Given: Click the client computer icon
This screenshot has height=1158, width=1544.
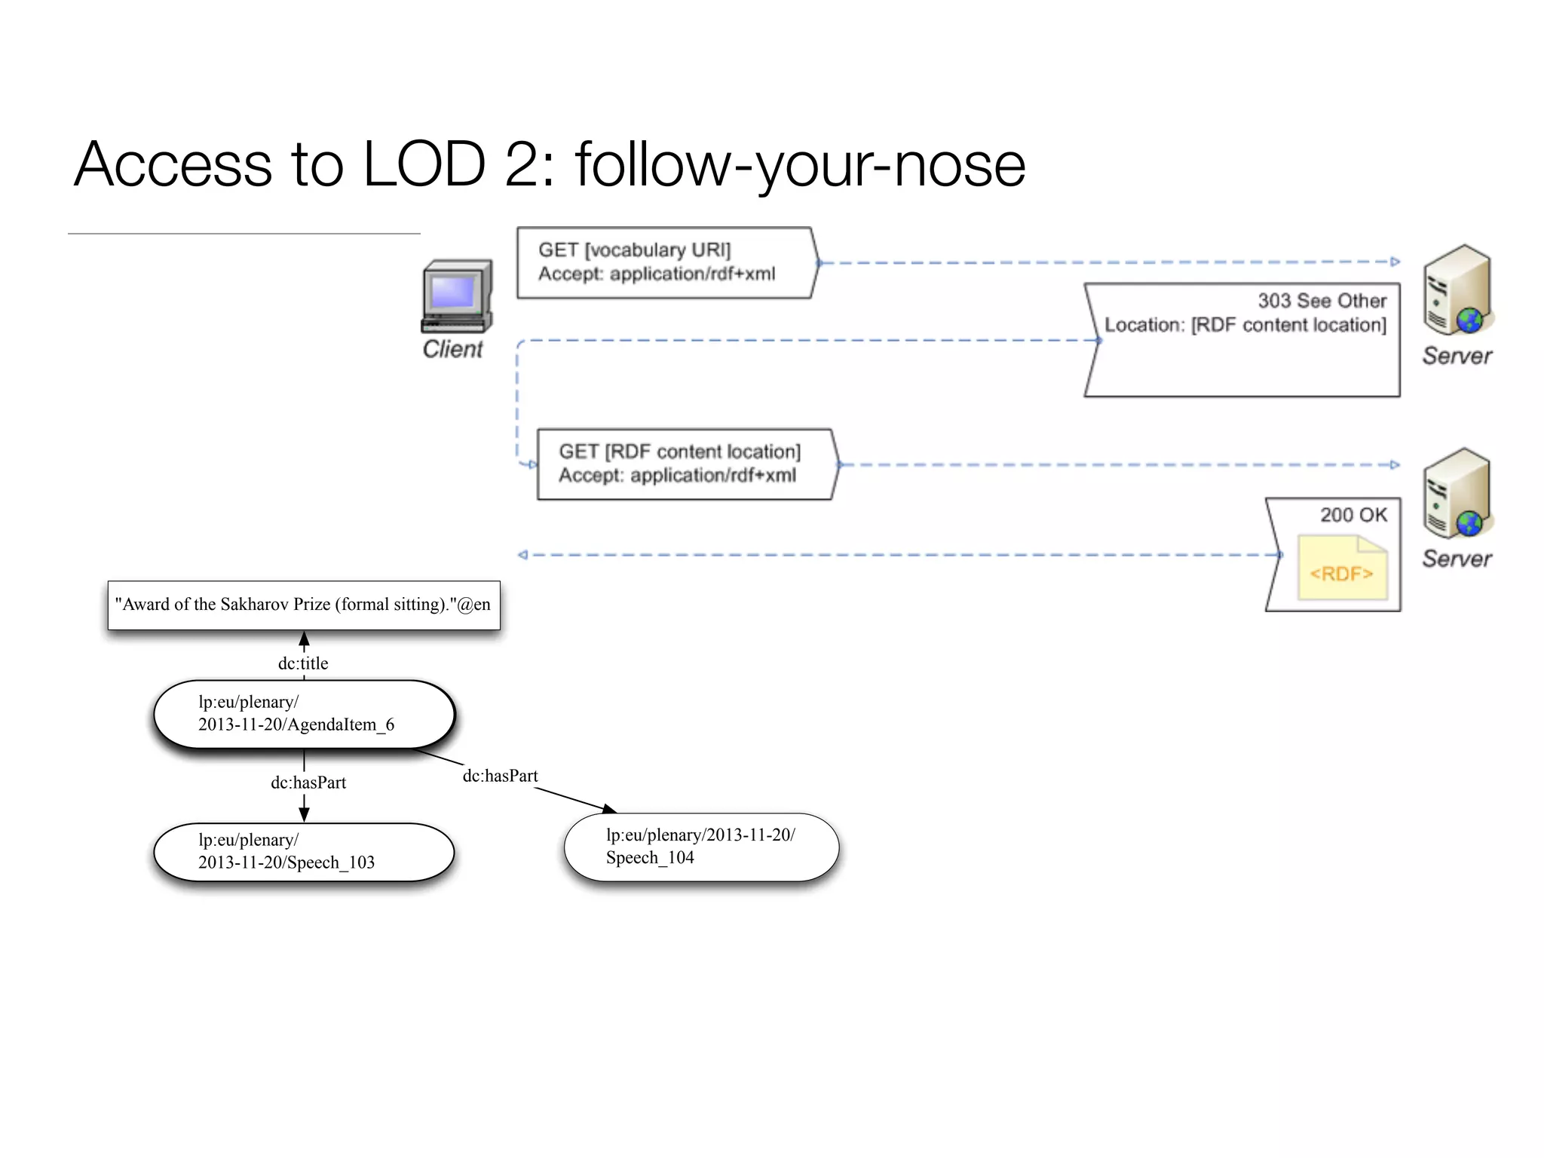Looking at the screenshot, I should pos(457,296).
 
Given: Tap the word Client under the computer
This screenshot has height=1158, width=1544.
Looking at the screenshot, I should pos(452,349).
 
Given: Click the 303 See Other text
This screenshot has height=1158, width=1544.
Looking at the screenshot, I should pos(1322,301).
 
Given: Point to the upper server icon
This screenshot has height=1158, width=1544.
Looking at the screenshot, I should pos(1457,290).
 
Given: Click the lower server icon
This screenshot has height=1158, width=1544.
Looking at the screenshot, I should pos(1457,494).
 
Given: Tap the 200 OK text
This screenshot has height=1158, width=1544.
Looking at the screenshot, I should pos(1353,515).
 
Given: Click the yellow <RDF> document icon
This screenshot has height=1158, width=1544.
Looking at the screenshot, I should pos(1342,568).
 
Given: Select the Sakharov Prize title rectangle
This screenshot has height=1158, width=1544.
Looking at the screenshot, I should pos(304,605).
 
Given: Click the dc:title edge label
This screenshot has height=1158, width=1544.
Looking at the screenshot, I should pos(303,663).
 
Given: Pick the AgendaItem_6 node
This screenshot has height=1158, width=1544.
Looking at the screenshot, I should pos(304,714).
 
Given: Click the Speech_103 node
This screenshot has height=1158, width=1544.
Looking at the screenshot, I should pos(304,852).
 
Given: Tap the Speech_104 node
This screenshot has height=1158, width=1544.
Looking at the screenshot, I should pos(701,847).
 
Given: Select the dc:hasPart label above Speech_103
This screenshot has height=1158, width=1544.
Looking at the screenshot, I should pos(308,783).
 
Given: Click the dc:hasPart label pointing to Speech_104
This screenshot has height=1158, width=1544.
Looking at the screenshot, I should pos(500,776).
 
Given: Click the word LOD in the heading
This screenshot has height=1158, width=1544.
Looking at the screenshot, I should pos(424,164).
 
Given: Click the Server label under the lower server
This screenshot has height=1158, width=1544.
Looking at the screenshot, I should pos(1457,559).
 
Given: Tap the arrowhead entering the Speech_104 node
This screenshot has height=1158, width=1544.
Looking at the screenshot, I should pos(610,809).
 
